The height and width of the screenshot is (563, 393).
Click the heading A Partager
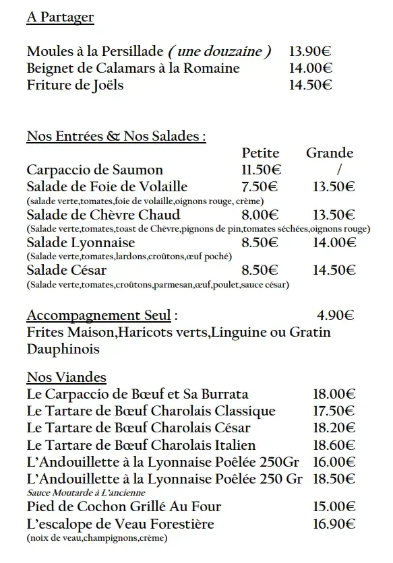click(x=60, y=18)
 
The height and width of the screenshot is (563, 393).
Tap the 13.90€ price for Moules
click(x=310, y=51)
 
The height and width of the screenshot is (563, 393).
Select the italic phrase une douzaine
click(x=220, y=51)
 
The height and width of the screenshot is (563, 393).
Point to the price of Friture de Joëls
click(x=310, y=85)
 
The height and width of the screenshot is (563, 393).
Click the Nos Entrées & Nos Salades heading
click(x=116, y=137)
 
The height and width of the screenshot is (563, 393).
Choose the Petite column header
click(x=260, y=153)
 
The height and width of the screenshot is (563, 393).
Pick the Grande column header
click(x=330, y=153)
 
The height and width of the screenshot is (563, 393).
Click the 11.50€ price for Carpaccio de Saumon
click(x=261, y=170)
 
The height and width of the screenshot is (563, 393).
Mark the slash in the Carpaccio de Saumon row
click(x=339, y=170)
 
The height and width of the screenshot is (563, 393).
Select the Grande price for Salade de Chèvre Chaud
click(x=334, y=215)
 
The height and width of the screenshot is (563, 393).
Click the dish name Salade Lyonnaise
click(x=81, y=242)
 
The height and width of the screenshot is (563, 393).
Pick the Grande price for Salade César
click(x=334, y=270)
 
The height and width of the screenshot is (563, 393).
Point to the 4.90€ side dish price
click(x=335, y=314)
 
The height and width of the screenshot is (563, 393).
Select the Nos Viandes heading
click(x=66, y=376)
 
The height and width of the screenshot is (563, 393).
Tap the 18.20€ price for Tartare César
click(x=334, y=428)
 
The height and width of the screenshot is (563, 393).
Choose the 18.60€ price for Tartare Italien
click(x=334, y=444)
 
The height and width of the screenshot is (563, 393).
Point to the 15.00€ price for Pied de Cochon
click(x=334, y=506)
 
